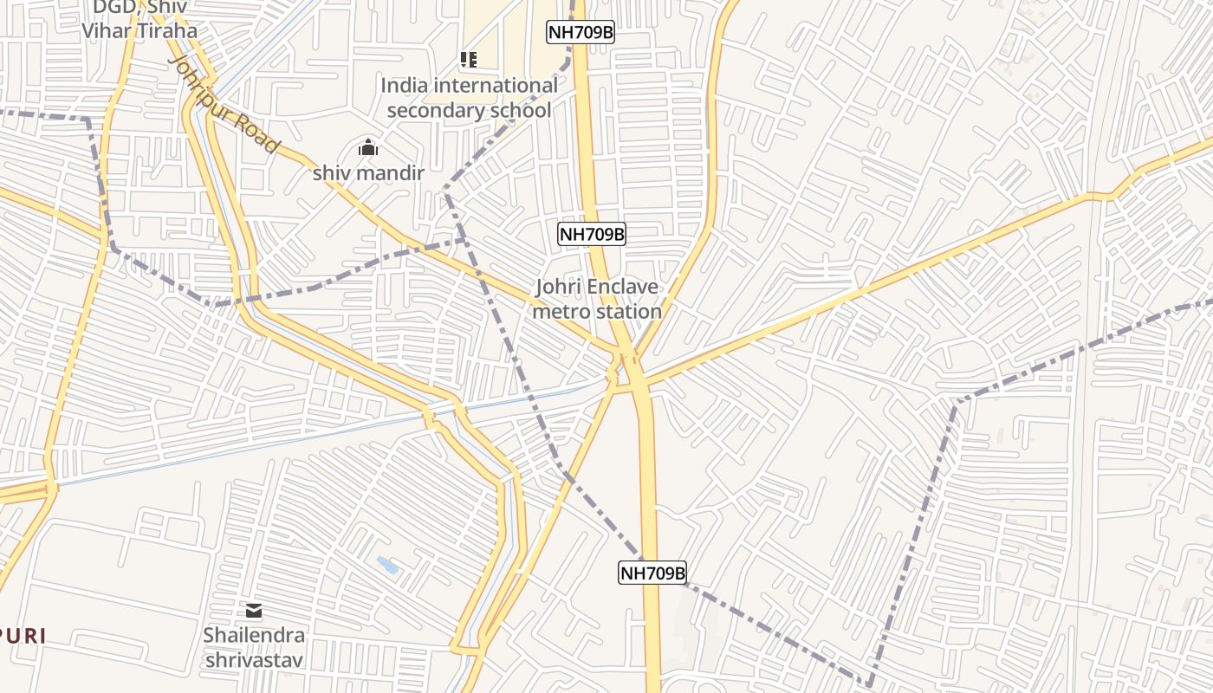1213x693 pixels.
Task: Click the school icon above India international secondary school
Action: pyautogui.click(x=468, y=60)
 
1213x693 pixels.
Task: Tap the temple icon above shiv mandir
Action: pyautogui.click(x=368, y=148)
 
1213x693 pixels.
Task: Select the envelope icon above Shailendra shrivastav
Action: pyautogui.click(x=254, y=611)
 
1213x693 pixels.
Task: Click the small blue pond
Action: pyautogui.click(x=387, y=566)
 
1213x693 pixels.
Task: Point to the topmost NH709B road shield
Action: pyautogui.click(x=581, y=33)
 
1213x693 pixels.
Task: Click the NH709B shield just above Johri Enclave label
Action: pyautogui.click(x=592, y=234)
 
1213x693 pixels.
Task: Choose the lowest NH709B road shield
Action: pyautogui.click(x=652, y=573)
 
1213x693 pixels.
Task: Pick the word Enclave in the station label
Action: pyautogui.click(x=621, y=287)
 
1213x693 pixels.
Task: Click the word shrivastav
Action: pyautogui.click(x=254, y=660)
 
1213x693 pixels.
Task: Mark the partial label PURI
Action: pyautogui.click(x=21, y=636)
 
